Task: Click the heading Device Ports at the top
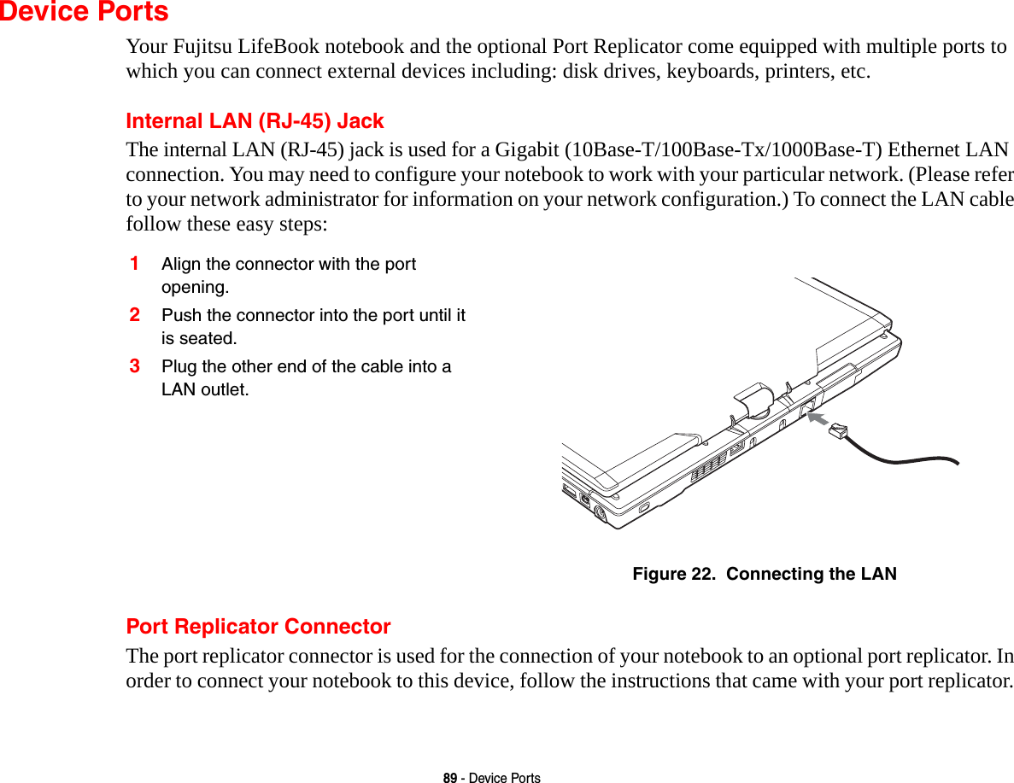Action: [x=84, y=13]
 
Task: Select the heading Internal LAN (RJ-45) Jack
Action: [x=255, y=121]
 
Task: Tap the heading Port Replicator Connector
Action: [x=258, y=627]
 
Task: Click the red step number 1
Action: [x=135, y=263]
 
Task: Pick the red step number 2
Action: [x=135, y=314]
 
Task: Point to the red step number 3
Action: [x=135, y=365]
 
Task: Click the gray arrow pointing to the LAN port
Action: [x=821, y=419]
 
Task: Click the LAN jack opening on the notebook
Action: [x=805, y=407]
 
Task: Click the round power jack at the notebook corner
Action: [x=601, y=513]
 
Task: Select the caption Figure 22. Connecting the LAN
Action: [x=764, y=574]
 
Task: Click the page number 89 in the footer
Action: [x=448, y=778]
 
